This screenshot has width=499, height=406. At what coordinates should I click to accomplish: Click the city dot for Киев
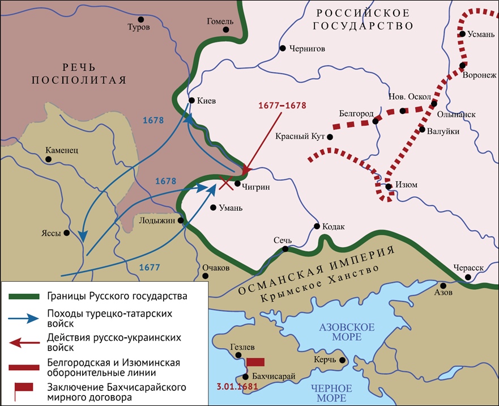[x=191, y=101]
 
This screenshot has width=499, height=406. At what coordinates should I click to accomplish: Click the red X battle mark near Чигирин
[x=226, y=182]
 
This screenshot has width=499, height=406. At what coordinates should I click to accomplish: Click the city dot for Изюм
[x=388, y=187]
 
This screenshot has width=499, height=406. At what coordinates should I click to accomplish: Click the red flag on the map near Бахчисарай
[x=256, y=362]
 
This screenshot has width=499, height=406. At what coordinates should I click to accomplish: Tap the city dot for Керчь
[x=342, y=360]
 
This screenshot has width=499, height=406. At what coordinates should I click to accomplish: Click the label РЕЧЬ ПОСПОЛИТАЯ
[x=78, y=72]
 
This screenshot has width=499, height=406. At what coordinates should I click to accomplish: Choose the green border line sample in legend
[x=23, y=296]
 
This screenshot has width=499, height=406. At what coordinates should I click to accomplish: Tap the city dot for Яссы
[x=67, y=232]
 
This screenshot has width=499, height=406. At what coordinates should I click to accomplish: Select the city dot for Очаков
[x=206, y=276]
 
